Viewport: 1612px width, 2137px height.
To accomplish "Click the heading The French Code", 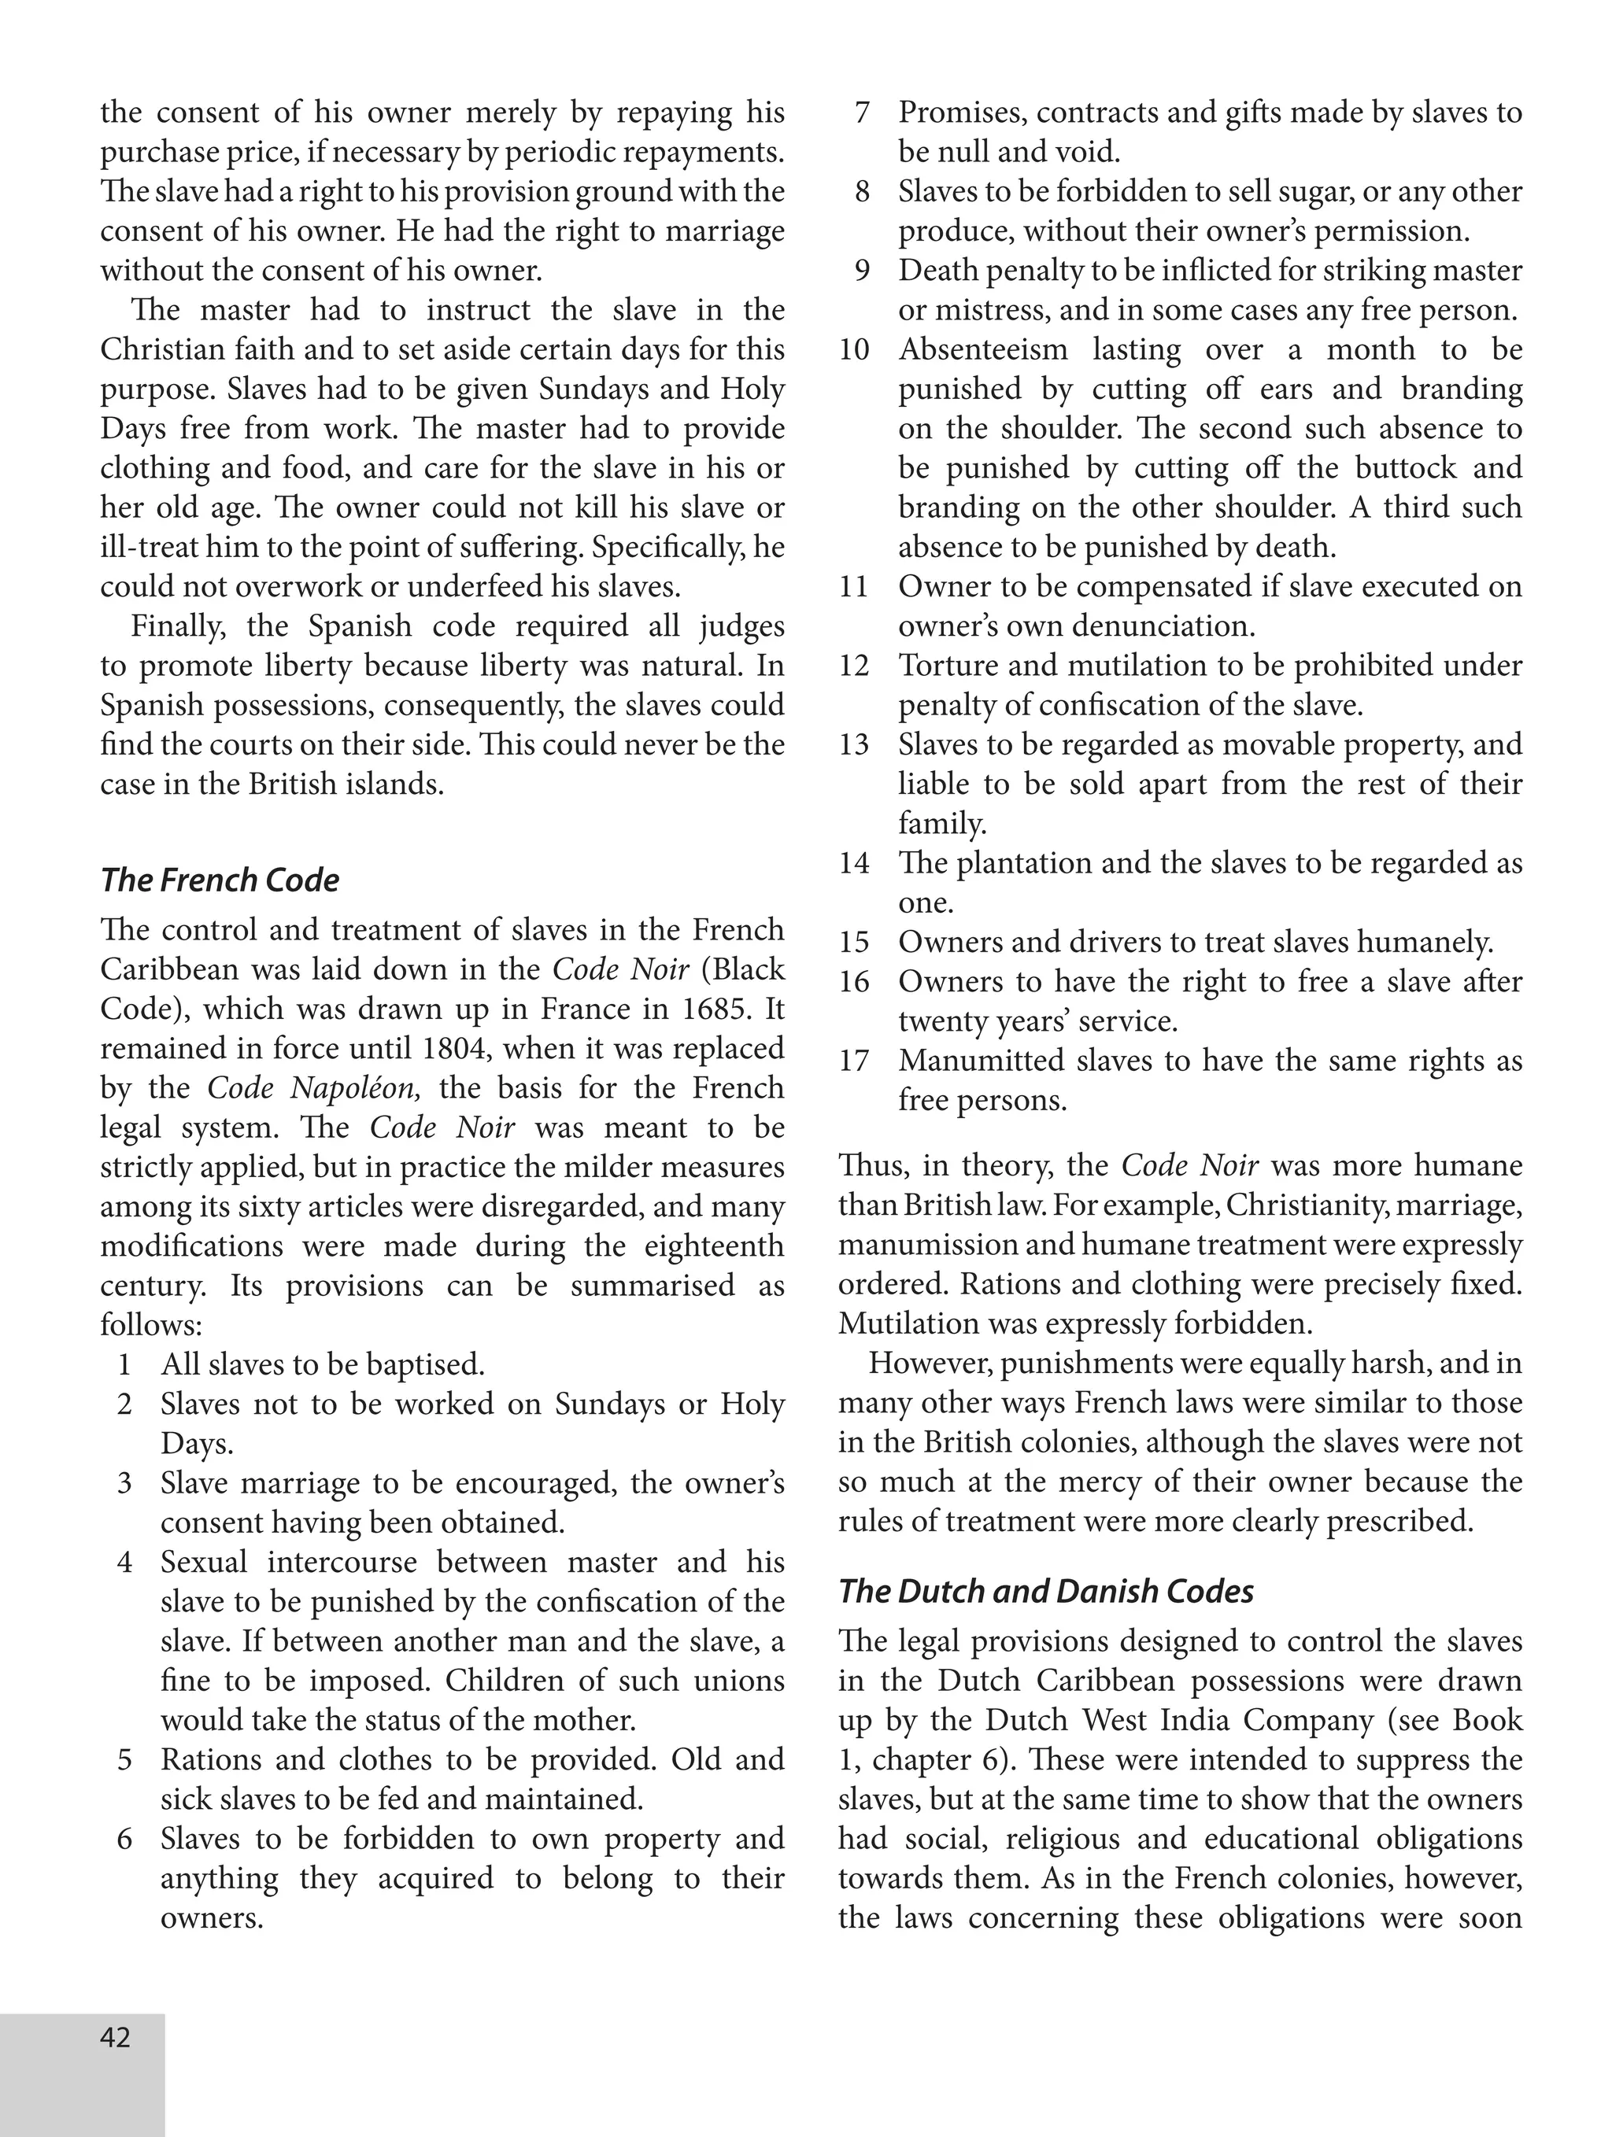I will point(220,880).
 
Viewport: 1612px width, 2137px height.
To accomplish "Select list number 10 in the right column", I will point(853,349).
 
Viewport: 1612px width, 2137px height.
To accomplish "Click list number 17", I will point(853,1061).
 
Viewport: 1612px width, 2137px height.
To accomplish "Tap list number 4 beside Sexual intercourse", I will point(124,1562).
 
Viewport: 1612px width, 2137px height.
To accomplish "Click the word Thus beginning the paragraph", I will point(871,1165).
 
